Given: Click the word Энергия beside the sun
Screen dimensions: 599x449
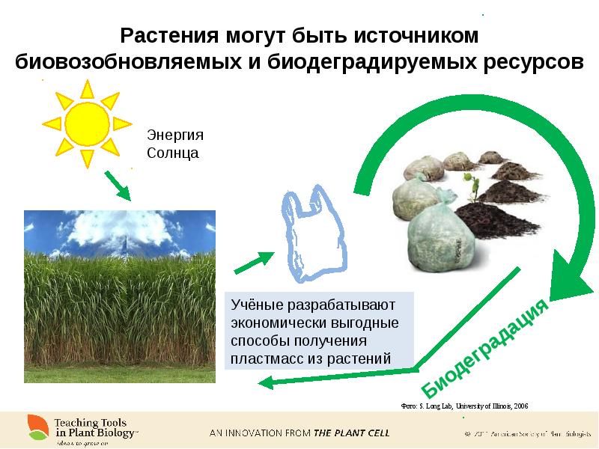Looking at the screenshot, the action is pyautogui.click(x=174, y=135).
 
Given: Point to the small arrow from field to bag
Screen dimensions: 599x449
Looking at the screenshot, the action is pyautogui.click(x=254, y=263).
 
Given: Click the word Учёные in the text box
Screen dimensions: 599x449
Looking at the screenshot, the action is pyautogui.click(x=256, y=306).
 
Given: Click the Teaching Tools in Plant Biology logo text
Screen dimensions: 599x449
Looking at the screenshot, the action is pyautogui.click(x=93, y=427).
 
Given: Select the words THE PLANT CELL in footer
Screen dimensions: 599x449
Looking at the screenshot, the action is pyautogui.click(x=352, y=433).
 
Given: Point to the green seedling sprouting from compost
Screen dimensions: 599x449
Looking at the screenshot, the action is pyautogui.click(x=471, y=184).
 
